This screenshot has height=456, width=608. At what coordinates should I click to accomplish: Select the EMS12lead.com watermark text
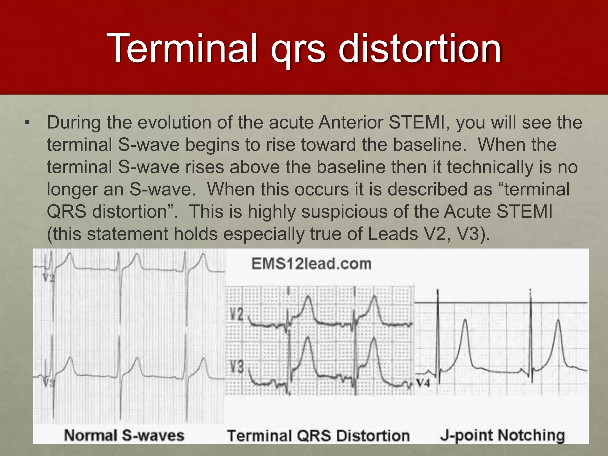(x=311, y=264)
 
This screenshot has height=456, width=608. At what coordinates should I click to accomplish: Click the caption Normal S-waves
(x=124, y=436)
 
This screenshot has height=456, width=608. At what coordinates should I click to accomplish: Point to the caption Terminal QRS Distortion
(x=318, y=436)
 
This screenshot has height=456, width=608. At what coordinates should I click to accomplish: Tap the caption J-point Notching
(x=502, y=435)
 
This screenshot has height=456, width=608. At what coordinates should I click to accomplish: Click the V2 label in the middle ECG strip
(x=237, y=314)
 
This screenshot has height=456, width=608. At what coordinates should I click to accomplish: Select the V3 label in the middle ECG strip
(x=237, y=367)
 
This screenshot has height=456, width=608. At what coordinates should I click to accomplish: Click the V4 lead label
(x=423, y=383)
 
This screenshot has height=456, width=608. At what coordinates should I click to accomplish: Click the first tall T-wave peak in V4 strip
(x=465, y=321)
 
